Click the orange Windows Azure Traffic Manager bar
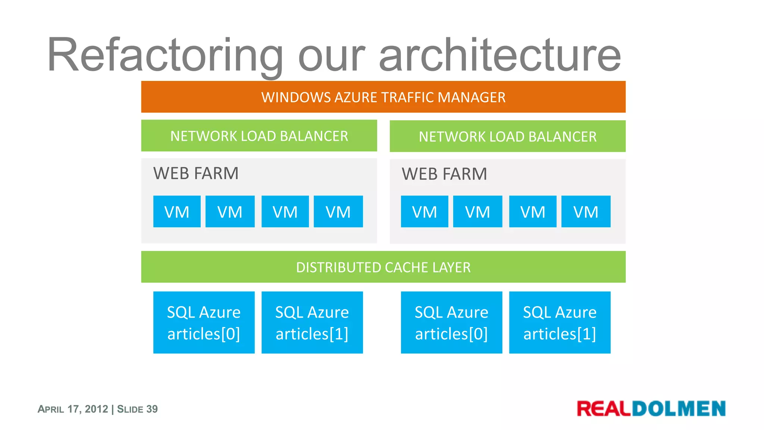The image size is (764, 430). point(383,97)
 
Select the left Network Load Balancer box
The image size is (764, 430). point(259,135)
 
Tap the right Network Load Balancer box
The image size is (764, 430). point(507,136)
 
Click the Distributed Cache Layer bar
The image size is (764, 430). point(383,267)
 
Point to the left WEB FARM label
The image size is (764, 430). point(196,174)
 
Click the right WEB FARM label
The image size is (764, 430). point(444,174)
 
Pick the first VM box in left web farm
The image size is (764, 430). point(177,212)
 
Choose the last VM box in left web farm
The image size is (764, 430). point(338,212)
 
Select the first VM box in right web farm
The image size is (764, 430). point(425,212)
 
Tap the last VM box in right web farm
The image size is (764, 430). point(586,212)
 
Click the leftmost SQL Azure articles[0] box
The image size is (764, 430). point(204,322)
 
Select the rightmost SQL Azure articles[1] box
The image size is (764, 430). point(560,322)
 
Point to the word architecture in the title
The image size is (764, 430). point(500,55)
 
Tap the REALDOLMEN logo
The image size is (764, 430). point(651,408)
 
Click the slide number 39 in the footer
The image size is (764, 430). point(152,409)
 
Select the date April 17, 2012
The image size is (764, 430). point(73,409)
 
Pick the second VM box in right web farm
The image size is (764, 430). point(477,212)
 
